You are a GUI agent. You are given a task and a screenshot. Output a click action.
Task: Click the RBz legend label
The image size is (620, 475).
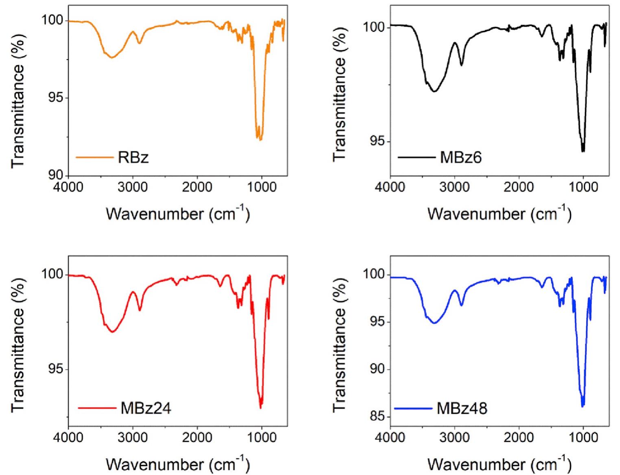coord(133,157)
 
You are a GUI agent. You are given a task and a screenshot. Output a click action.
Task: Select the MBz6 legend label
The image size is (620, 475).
coord(461,157)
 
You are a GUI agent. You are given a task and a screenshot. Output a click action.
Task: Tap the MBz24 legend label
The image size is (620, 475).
coord(146,408)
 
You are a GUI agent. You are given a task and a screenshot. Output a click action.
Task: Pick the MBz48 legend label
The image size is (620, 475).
coord(462,408)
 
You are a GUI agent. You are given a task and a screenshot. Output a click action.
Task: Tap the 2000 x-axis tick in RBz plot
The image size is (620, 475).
coord(197,187)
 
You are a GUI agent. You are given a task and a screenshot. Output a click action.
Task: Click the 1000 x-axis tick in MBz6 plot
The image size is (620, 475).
coord(583,187)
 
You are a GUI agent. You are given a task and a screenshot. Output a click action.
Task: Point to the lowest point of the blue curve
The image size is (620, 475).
coord(583,406)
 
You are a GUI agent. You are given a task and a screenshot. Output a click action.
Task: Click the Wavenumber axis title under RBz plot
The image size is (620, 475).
coord(178,213)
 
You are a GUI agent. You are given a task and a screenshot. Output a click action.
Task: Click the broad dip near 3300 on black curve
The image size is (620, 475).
coord(434,91)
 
